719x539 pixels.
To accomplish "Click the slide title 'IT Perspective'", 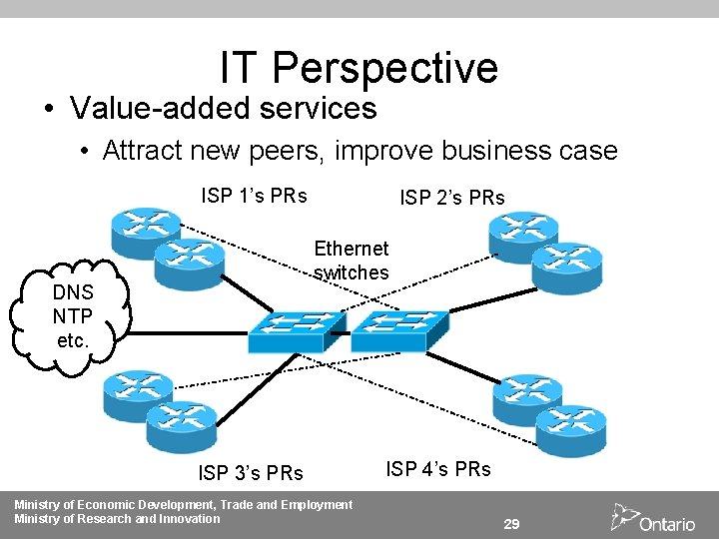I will point(359,68).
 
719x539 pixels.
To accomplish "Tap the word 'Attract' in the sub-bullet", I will point(140,151).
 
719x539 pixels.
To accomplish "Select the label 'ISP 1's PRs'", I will point(254,195).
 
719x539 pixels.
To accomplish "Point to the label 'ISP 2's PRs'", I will point(452,198).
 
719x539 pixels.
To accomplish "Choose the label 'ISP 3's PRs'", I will point(251,472).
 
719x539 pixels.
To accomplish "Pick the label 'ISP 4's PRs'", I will point(438,468).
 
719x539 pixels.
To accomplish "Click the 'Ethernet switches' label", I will point(352,260).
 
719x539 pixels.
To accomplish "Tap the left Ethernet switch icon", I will point(297,330).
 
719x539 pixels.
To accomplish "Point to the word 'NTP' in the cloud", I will point(74,317).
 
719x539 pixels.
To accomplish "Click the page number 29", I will point(511,524).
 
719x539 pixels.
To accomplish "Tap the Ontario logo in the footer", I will point(654,518).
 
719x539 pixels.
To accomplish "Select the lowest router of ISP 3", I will point(181,426).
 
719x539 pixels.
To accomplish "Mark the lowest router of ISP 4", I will point(569,429).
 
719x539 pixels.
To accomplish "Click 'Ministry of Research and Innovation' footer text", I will point(117,518).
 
